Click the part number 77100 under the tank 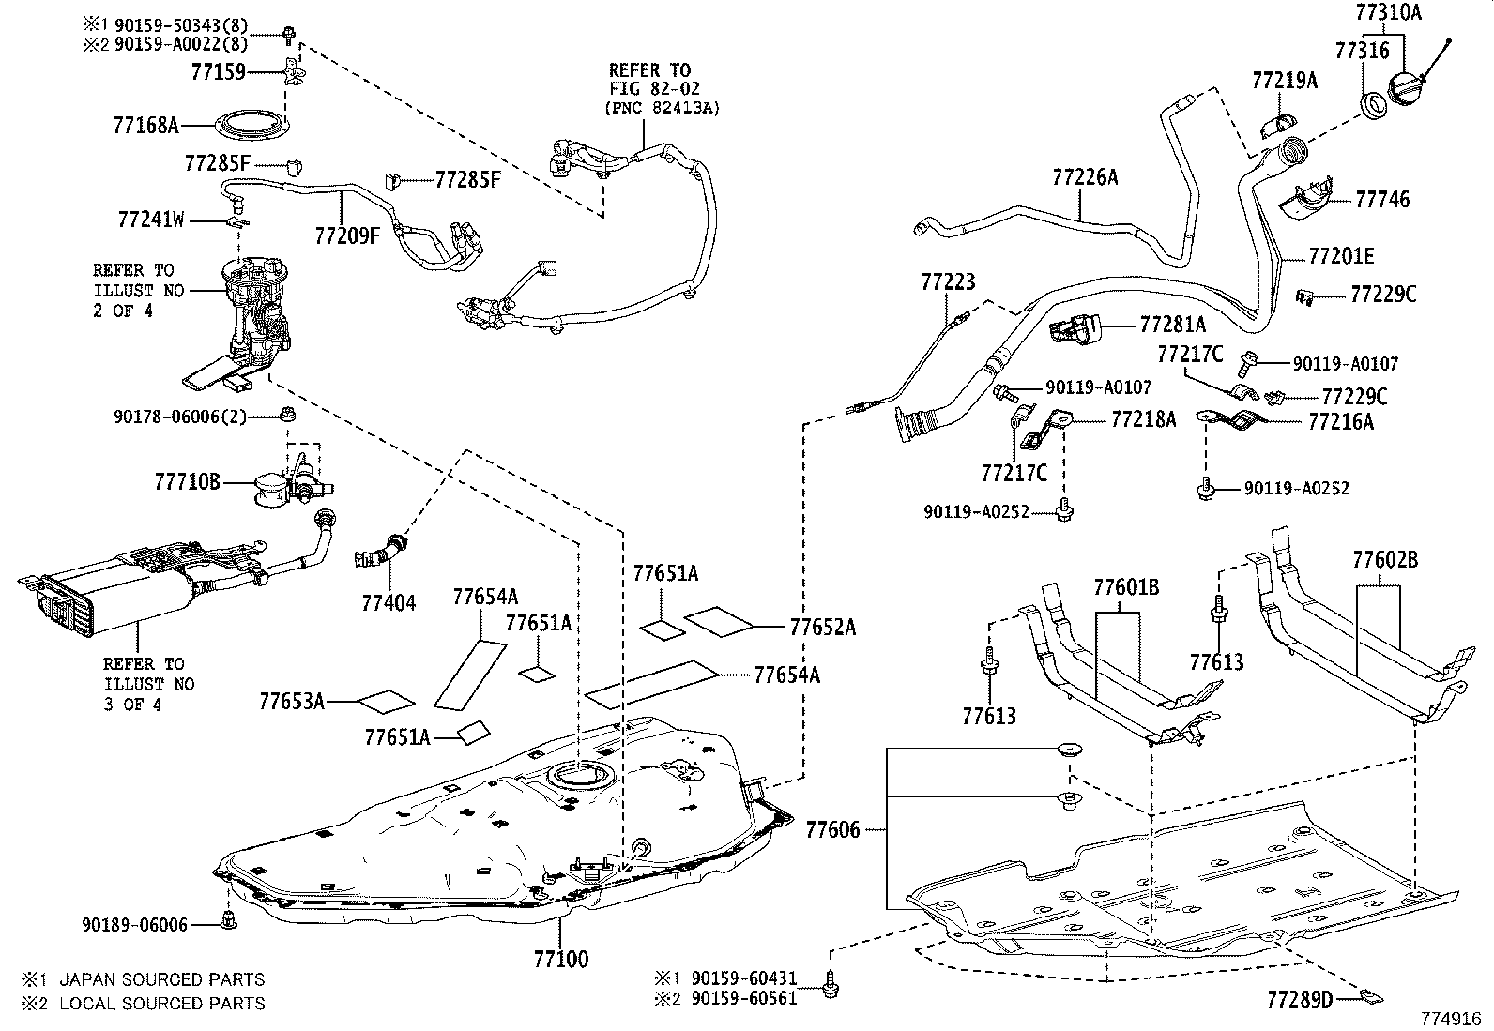(x=561, y=959)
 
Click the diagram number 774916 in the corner (x=1450, y=1017)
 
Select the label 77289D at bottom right (x=1300, y=999)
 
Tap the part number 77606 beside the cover (x=832, y=829)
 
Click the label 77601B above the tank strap (x=1126, y=587)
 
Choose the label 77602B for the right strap (x=1385, y=561)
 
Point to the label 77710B (x=187, y=482)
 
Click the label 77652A (x=822, y=627)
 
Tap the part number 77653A (x=292, y=700)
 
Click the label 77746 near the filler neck (x=1382, y=199)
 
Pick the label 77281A (x=1172, y=325)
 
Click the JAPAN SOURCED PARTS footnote (x=161, y=979)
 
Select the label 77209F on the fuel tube (x=347, y=235)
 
